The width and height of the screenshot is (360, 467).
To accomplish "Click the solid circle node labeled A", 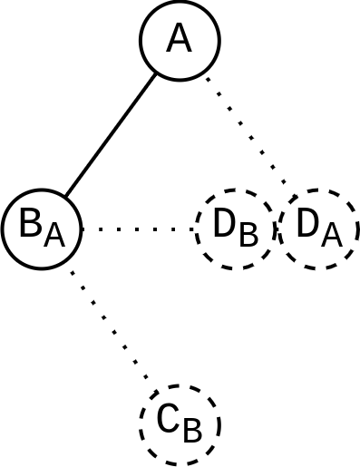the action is click(180, 40).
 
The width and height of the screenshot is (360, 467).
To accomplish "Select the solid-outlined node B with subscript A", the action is click(42, 229).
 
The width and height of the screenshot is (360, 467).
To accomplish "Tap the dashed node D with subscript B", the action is click(235, 229).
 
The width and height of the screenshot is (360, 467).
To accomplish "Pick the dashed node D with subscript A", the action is click(318, 229).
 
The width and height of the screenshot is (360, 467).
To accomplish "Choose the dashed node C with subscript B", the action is click(180, 423).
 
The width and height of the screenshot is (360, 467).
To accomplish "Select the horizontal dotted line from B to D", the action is click(138, 229).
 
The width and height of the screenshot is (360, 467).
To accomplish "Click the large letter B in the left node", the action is click(31, 223).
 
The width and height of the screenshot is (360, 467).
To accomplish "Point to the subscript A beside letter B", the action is click(54, 236).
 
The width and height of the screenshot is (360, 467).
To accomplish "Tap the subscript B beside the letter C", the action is click(192, 431).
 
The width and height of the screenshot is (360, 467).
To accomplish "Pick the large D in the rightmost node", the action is click(308, 223).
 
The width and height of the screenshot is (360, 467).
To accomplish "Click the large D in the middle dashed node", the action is click(224, 223).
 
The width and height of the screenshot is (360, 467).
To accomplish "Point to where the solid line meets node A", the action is click(156, 73).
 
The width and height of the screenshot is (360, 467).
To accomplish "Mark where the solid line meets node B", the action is click(65, 197).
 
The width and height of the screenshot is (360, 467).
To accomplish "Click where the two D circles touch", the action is click(277, 229).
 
